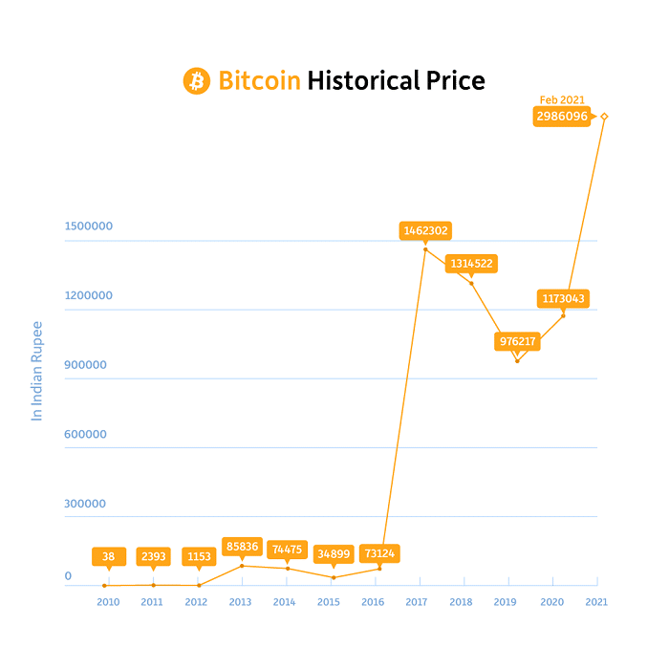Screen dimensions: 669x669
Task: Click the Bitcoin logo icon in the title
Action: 196,80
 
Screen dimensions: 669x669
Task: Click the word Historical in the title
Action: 362,80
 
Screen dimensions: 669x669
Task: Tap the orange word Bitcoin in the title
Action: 260,80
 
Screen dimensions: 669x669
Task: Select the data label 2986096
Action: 561,117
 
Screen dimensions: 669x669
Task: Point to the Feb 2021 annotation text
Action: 562,99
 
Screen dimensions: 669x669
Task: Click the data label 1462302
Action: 425,230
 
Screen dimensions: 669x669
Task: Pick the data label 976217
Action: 518,341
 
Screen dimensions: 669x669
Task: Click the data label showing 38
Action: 108,556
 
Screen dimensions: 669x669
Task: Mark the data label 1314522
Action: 471,263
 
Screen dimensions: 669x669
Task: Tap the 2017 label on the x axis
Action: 417,602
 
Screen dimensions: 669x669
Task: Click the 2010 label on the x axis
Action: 108,602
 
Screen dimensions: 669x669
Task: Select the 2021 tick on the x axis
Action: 596,602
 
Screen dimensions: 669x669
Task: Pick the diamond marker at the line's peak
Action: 604,117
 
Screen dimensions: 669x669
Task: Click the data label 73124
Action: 379,553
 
